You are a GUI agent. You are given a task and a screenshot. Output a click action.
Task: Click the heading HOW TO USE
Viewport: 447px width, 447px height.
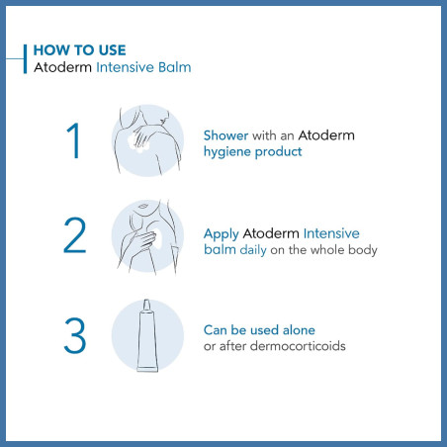point(80,48)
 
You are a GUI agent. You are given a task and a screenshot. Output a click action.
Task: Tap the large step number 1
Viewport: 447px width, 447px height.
point(72,140)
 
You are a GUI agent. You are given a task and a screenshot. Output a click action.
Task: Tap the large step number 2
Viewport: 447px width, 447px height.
point(72,236)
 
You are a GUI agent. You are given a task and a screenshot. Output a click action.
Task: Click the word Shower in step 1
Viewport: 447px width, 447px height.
point(225,134)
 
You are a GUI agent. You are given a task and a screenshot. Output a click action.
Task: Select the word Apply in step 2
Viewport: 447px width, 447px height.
point(222,233)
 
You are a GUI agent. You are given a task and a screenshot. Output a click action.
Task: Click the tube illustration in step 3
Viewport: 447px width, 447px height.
point(147,335)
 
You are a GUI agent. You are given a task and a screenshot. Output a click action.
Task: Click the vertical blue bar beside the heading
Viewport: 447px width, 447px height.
point(24,58)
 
